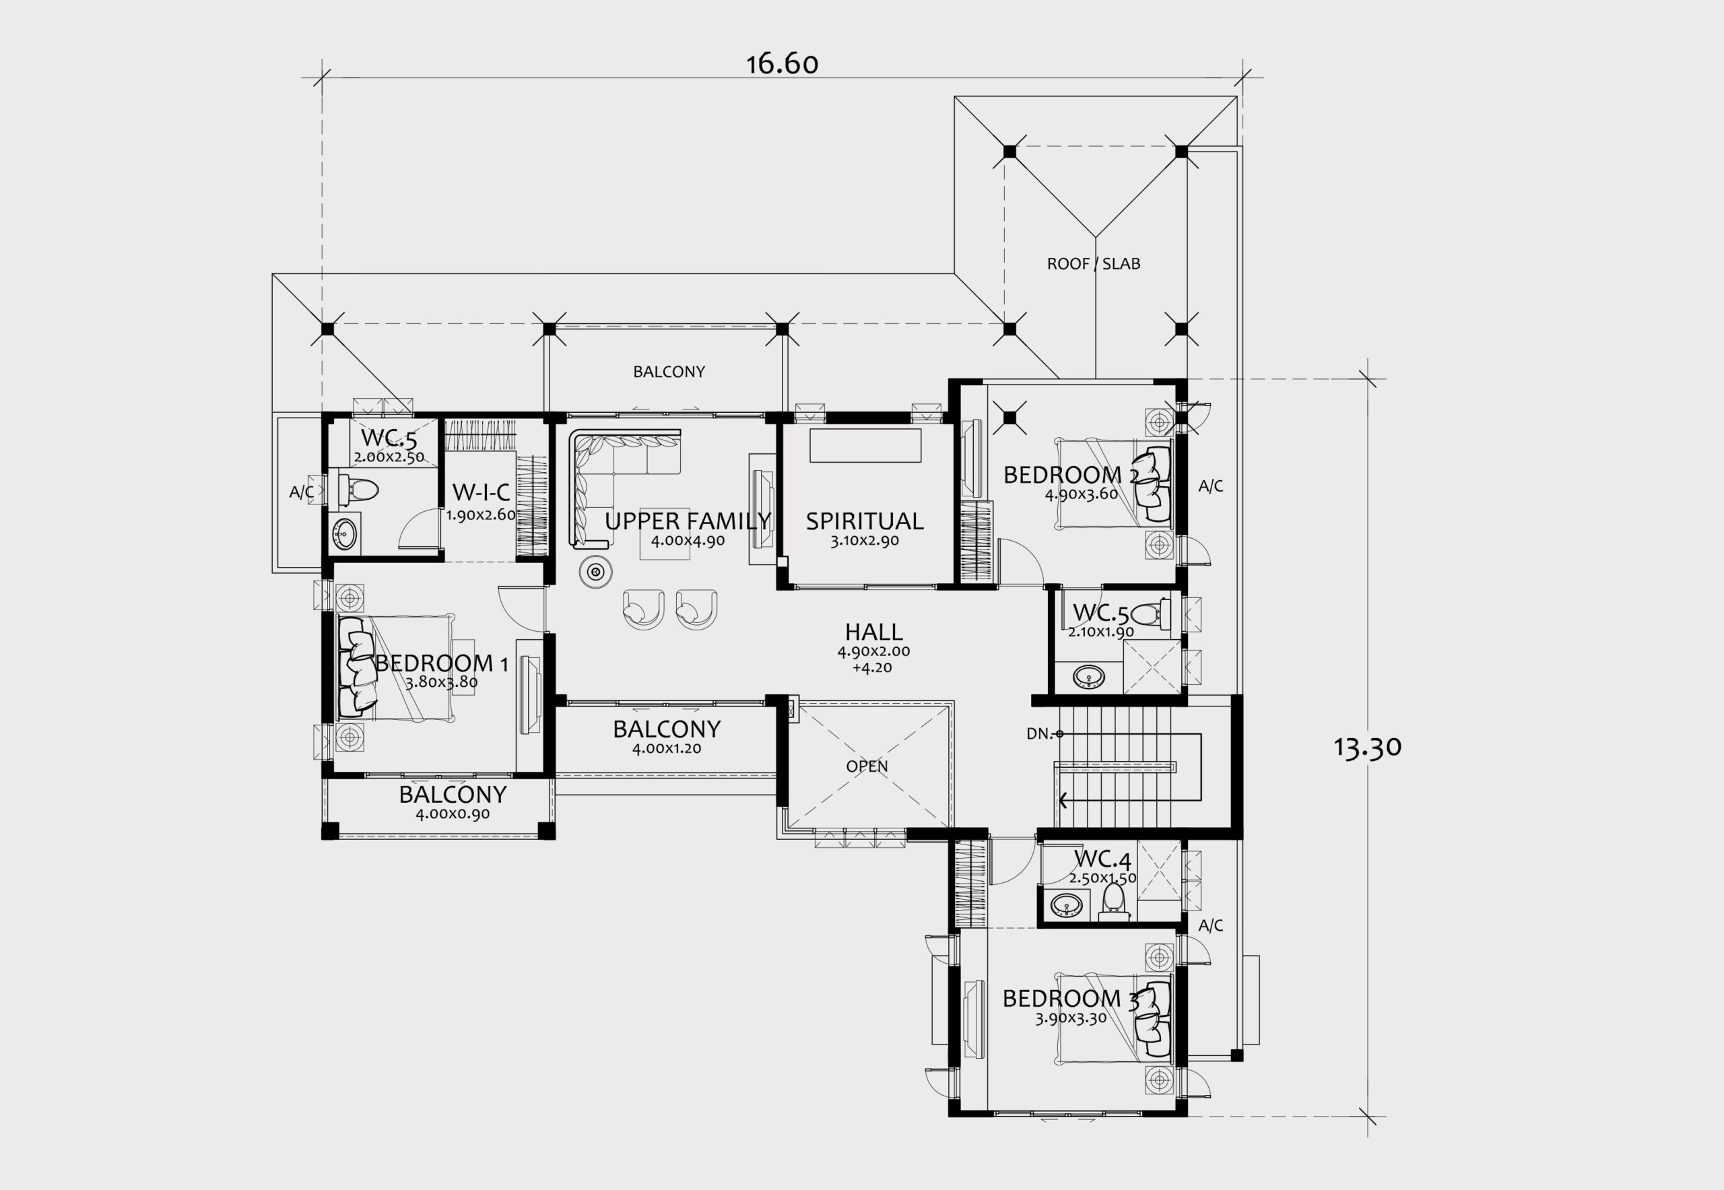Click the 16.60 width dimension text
pyautogui.click(x=783, y=64)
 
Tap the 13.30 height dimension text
pyautogui.click(x=1368, y=748)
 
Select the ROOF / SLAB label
pyautogui.click(x=1093, y=263)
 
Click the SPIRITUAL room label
pyautogui.click(x=864, y=521)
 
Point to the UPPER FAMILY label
pyautogui.click(x=688, y=521)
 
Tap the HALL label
pyautogui.click(x=874, y=632)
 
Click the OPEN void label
pyautogui.click(x=867, y=766)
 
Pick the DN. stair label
pyautogui.click(x=1038, y=733)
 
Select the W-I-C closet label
pyautogui.click(x=481, y=492)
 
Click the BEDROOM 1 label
pyautogui.click(x=442, y=663)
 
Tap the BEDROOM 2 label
pyautogui.click(x=1071, y=474)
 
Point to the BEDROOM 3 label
pyautogui.click(x=1071, y=997)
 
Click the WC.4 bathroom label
pyautogui.click(x=1102, y=860)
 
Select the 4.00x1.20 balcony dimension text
pyautogui.click(x=667, y=749)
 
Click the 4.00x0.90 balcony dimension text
pyautogui.click(x=453, y=814)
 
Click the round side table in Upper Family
pyautogui.click(x=596, y=572)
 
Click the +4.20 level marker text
pyautogui.click(x=873, y=667)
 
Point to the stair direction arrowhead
pyautogui.click(x=1062, y=801)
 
